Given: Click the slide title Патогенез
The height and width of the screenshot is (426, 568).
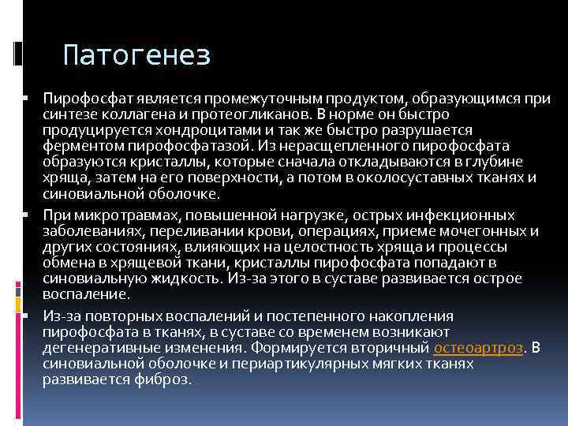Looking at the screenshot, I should (136, 55).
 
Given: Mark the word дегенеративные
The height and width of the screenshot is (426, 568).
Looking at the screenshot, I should (99, 347).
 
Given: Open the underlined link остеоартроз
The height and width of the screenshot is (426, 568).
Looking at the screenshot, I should (479, 347).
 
